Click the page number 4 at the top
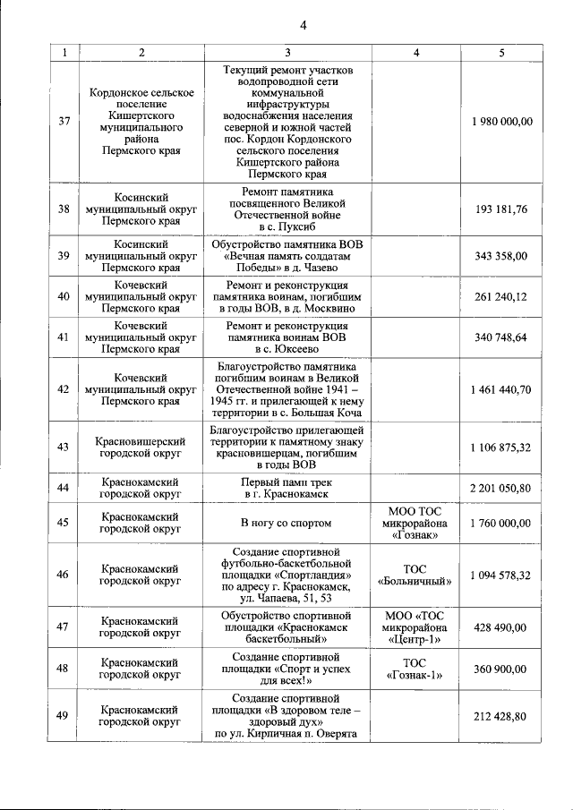pos(303,24)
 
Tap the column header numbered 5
pos(501,53)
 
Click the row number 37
pos(64,122)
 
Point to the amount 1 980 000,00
pos(501,122)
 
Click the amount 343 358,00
pos(501,256)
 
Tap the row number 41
pos(64,337)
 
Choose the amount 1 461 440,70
pos(501,390)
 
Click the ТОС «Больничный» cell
pos(415,575)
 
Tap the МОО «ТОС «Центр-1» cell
pos(415,628)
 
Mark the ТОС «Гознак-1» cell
pos(415,669)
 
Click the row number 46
pos(64,575)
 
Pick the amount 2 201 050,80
pos(501,488)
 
